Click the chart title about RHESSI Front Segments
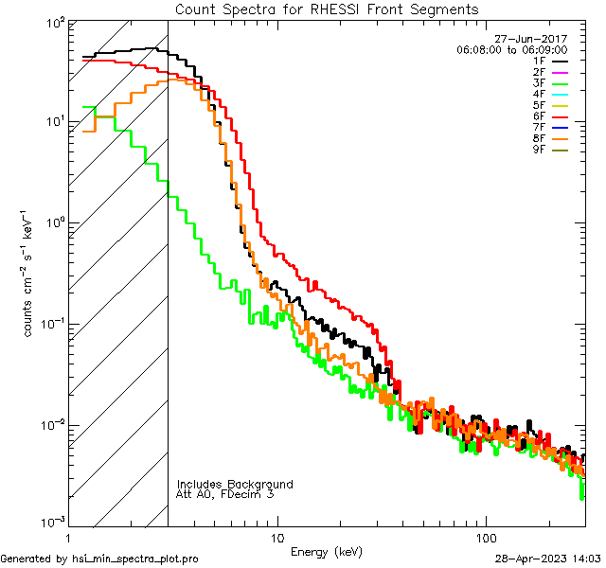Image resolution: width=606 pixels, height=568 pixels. tap(327, 9)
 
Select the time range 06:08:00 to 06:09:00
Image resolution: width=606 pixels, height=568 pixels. tap(511, 49)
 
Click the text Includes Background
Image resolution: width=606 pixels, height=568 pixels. tap(235, 484)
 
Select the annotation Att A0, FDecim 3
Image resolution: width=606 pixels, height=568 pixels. tap(225, 494)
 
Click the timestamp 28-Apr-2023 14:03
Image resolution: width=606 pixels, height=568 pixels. tap(547, 559)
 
